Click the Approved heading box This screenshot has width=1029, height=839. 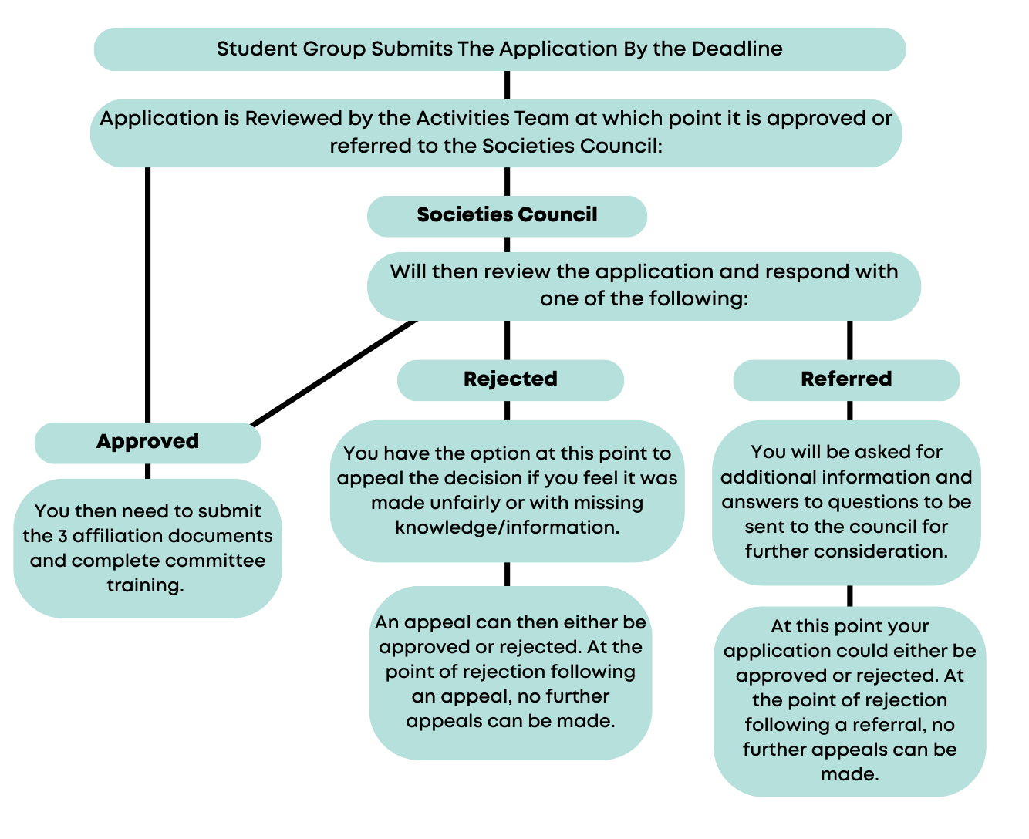click(147, 442)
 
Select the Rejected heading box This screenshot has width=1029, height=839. click(510, 379)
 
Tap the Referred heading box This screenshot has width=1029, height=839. click(846, 379)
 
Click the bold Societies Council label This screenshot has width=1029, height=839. click(507, 215)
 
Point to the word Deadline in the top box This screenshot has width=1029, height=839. click(737, 49)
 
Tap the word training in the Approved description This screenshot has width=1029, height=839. click(145, 585)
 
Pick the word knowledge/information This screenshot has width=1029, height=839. click(507, 527)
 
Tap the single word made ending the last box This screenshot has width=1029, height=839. click(849, 774)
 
